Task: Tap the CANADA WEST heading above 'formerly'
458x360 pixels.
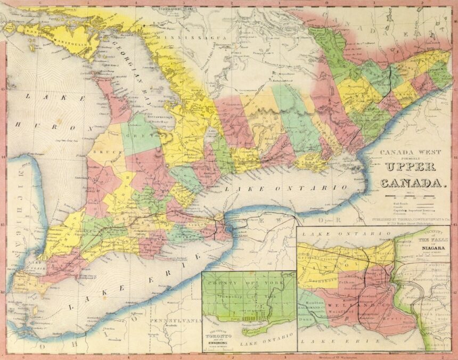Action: (x=412, y=151)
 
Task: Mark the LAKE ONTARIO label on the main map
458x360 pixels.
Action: (x=285, y=189)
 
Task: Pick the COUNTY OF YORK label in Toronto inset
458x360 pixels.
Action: (x=248, y=282)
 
